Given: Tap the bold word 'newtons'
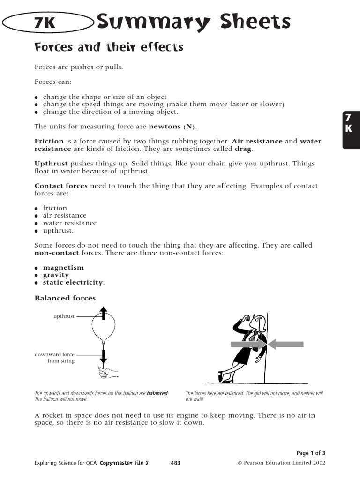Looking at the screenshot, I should (165, 126).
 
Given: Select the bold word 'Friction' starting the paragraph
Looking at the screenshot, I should (49, 141).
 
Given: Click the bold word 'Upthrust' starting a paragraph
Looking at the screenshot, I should (51, 164).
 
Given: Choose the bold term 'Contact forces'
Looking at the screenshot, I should (61, 186).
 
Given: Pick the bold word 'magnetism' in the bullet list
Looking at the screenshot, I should (63, 268).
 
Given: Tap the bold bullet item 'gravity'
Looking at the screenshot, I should (56, 275).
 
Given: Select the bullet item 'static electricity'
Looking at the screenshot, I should (73, 283).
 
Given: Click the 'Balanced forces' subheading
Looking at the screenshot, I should (65, 298).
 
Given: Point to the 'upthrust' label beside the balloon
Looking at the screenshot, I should (64, 316).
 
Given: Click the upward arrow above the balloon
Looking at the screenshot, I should (104, 313).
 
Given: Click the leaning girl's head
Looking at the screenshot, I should (254, 322).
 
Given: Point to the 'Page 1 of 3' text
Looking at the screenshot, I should (311, 453).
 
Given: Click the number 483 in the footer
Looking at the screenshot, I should (175, 463).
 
